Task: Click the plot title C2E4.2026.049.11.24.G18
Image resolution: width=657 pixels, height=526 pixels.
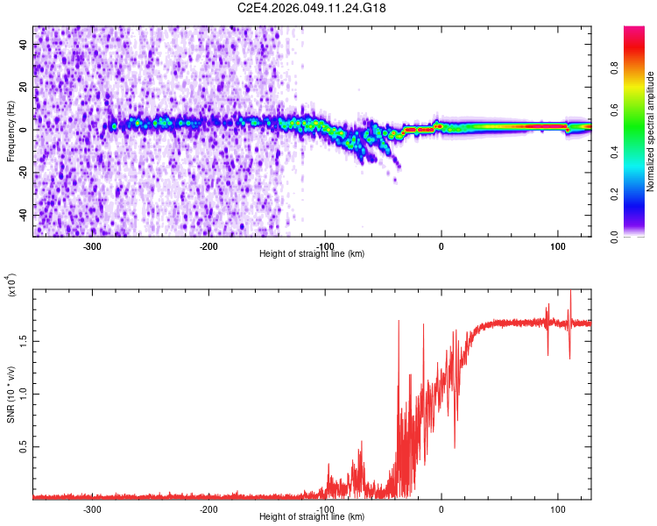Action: click(313, 8)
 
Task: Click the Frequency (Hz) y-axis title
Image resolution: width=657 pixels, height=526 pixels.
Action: click(11, 131)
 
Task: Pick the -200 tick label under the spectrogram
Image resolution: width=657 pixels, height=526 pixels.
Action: click(208, 246)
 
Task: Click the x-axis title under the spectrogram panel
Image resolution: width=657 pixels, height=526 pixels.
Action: click(313, 254)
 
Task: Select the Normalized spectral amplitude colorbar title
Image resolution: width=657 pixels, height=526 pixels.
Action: click(651, 131)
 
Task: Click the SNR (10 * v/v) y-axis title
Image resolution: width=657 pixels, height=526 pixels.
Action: click(11, 394)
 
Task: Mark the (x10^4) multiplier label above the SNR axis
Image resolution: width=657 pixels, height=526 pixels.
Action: click(11, 286)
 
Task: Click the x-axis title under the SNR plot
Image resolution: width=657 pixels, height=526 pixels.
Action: click(313, 517)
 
